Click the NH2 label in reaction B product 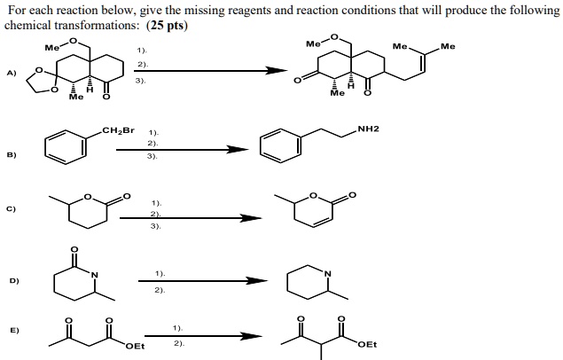[x=368, y=129]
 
